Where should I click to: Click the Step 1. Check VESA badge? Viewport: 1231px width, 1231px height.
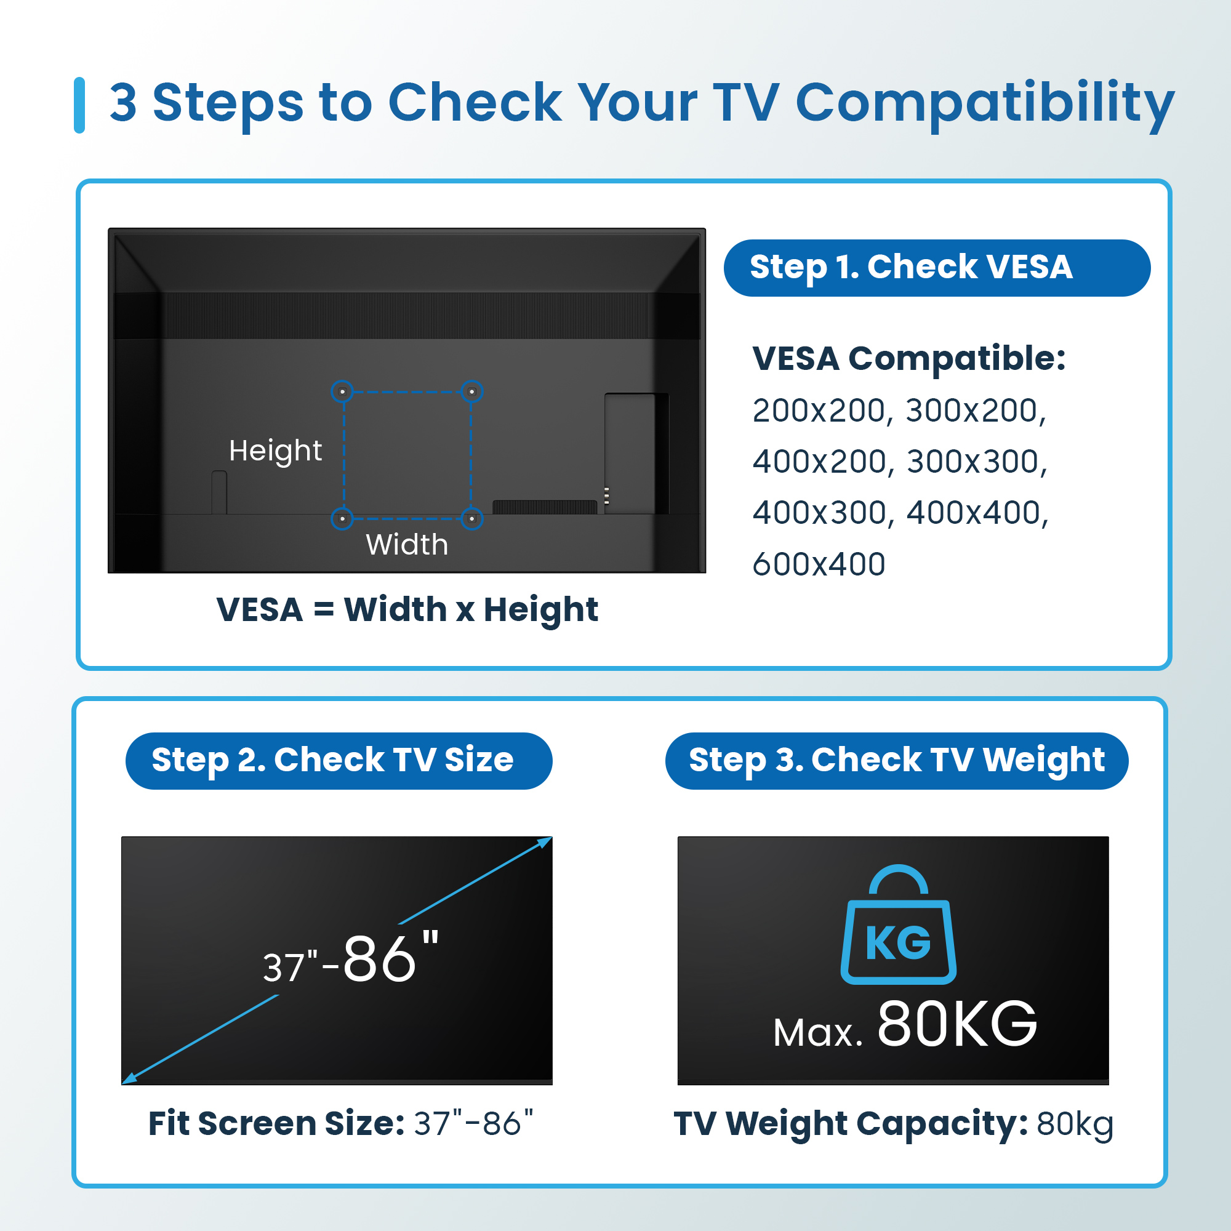click(x=937, y=268)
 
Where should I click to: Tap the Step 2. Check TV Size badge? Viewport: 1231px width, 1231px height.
click(x=339, y=761)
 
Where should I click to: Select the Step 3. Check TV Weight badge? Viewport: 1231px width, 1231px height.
click(x=897, y=761)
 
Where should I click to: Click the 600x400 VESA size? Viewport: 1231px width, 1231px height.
click(x=819, y=564)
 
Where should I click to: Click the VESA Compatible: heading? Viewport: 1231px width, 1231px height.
click(x=908, y=359)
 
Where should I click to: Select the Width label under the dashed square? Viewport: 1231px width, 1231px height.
click(x=406, y=545)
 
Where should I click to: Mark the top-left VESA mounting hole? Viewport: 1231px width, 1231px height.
click(x=343, y=391)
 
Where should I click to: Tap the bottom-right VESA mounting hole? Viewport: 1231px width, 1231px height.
click(x=471, y=519)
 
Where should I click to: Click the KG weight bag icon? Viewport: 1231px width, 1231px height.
click(x=899, y=924)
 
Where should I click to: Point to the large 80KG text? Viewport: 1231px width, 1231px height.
click(x=957, y=1025)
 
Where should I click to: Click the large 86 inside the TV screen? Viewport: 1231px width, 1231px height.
click(x=380, y=960)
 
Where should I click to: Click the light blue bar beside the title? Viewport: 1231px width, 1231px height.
click(x=79, y=105)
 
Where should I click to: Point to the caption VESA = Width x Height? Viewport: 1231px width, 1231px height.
click(x=407, y=611)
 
